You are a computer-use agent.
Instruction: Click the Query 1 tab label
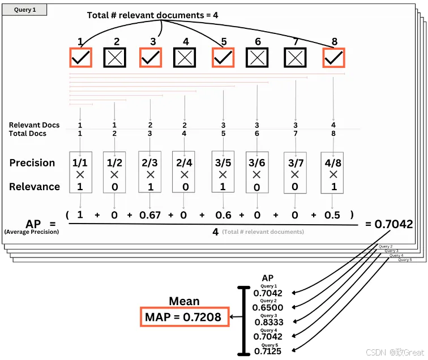25,10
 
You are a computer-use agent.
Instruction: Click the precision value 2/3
149,163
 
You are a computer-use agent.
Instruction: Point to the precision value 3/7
295,163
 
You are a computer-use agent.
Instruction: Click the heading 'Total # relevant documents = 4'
152,15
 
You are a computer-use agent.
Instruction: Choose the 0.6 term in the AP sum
223,215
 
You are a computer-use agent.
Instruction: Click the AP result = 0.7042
390,224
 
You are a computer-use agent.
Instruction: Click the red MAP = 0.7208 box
183,318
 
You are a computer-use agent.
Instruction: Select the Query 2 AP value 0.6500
268,307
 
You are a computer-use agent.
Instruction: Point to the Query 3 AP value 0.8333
268,322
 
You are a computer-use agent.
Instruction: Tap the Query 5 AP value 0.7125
268,352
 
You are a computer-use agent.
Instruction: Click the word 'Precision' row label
32,163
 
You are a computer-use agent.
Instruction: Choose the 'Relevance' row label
34,187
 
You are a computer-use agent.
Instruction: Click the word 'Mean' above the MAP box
183,302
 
